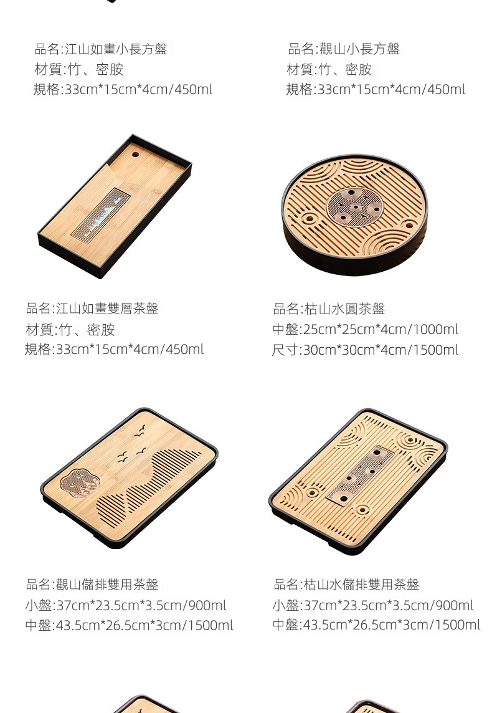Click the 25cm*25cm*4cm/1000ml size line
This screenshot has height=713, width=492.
pyautogui.click(x=366, y=329)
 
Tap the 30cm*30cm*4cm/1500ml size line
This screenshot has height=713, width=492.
pyautogui.click(x=365, y=350)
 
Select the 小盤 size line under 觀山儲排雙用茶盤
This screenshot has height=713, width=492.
pyautogui.click(x=126, y=605)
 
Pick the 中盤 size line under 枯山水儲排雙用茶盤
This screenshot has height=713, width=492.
pyautogui.click(x=376, y=624)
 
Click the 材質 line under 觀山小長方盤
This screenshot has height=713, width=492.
pyautogui.click(x=329, y=69)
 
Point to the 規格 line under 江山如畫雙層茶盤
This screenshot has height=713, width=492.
pyautogui.click(x=114, y=349)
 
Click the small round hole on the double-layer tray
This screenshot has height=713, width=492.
pyautogui.click(x=135, y=155)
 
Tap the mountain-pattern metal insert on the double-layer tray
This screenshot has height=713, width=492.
pyautogui.click(x=101, y=214)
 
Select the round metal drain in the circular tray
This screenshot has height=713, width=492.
pyautogui.click(x=355, y=208)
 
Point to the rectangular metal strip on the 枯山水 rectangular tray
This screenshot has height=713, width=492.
pyautogui.click(x=360, y=476)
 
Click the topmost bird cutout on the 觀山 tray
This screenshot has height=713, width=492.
pyautogui.click(x=140, y=430)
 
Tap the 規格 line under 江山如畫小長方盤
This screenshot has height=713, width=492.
pyautogui.click(x=123, y=89)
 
